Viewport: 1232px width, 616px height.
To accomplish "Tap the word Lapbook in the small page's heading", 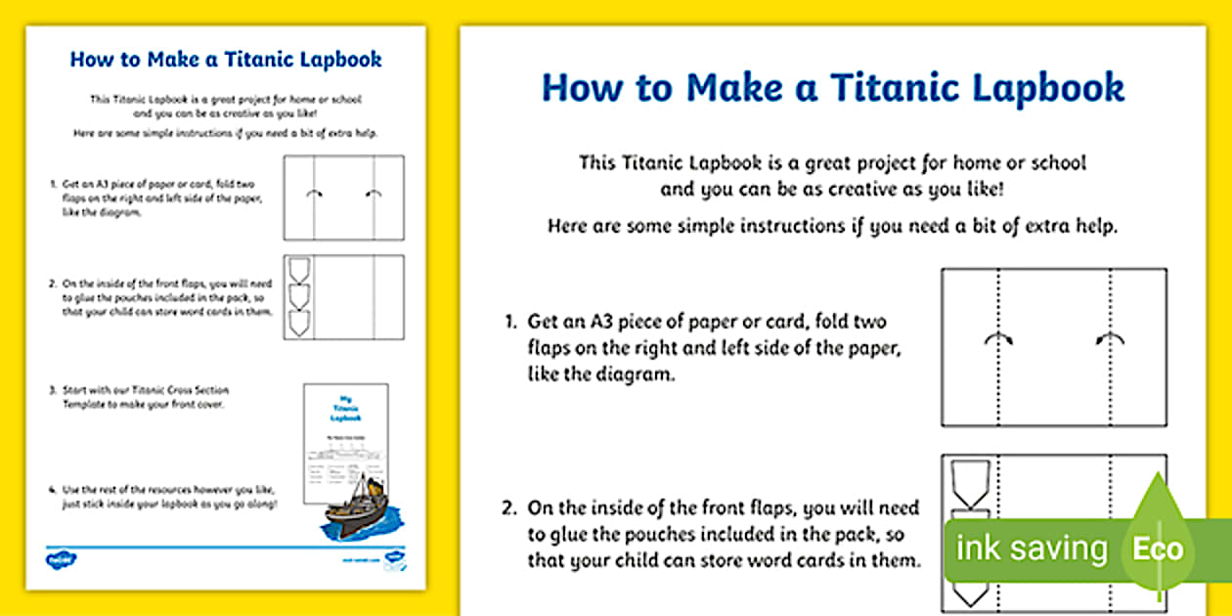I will (341, 59).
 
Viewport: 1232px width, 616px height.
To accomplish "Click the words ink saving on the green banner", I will (1032, 549).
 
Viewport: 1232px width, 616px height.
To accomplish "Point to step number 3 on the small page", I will (53, 390).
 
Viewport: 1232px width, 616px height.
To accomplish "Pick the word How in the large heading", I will (582, 87).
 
